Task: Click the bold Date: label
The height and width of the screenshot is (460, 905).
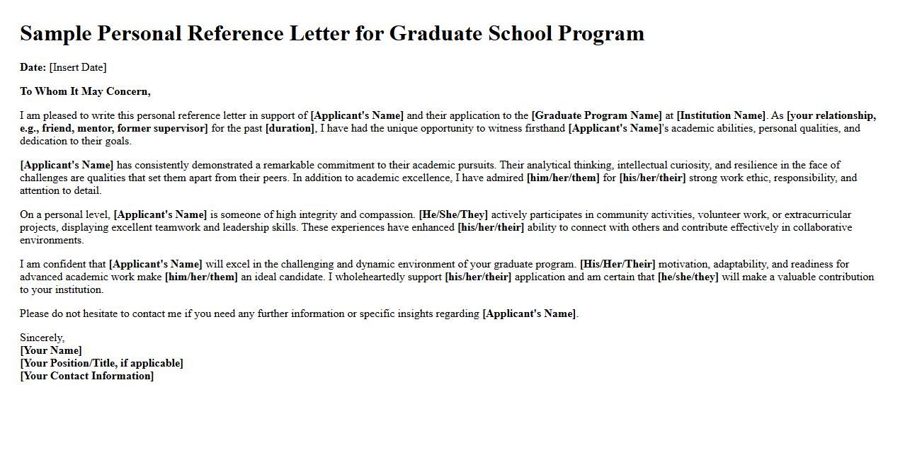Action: click(33, 67)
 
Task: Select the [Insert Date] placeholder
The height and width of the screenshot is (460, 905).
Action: click(78, 67)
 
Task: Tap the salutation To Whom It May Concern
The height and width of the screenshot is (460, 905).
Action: click(85, 91)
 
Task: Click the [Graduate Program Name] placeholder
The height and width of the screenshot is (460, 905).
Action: click(596, 115)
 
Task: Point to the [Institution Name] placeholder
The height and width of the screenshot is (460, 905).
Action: click(721, 115)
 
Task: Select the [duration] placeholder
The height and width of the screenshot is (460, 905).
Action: click(290, 128)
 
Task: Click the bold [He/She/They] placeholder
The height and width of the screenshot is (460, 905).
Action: click(453, 214)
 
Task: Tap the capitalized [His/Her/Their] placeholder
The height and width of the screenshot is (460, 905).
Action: click(617, 264)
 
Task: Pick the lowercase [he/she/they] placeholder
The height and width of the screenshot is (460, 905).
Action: click(688, 277)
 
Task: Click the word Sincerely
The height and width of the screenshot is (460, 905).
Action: click(42, 338)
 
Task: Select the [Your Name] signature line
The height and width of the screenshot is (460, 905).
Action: click(51, 350)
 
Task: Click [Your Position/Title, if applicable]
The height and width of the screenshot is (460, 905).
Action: click(101, 363)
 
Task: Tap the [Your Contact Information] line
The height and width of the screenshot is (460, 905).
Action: click(86, 376)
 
